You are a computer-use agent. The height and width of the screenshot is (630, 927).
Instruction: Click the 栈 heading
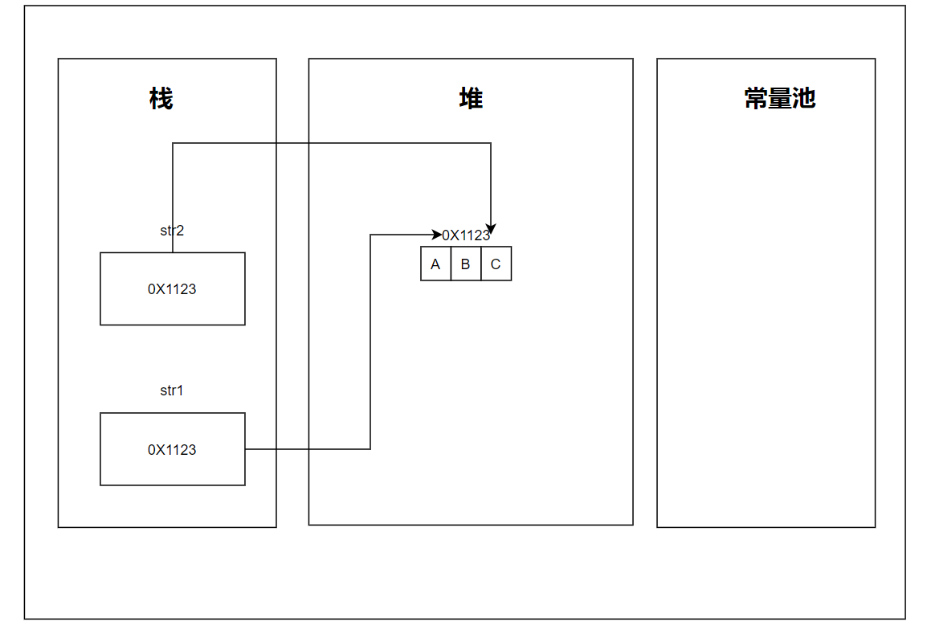pos(161,99)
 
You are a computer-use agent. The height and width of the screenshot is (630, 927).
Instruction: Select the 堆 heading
pos(471,99)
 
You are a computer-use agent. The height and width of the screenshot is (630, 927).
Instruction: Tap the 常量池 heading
pos(780,99)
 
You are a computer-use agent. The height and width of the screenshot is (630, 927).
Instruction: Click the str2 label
pos(172,231)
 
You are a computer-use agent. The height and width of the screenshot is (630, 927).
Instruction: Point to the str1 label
pos(172,391)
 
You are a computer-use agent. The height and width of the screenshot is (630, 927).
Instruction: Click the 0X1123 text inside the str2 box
pos(172,289)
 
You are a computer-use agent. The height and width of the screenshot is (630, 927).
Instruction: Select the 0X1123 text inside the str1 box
pos(172,450)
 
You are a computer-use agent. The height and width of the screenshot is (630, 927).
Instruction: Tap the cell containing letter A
pos(435,264)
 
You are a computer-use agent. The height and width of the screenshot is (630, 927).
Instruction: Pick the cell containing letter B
pos(466,264)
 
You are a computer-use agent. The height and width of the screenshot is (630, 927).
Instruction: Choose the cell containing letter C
pos(496,264)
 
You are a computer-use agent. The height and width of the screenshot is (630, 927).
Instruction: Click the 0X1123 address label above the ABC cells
pos(466,235)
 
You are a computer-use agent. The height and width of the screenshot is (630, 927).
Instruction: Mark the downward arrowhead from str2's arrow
pos(491,230)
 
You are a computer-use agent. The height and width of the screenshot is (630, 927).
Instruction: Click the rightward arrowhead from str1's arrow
pos(438,235)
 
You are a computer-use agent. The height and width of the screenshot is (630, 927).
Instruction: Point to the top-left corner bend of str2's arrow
pos(173,143)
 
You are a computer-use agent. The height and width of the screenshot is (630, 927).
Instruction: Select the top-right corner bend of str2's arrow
pos(491,143)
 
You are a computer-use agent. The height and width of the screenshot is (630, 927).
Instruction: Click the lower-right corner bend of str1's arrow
pos(370,449)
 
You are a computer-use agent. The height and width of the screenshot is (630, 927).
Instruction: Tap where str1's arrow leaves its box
pos(246,449)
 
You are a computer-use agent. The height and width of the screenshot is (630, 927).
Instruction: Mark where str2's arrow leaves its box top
pos(173,252)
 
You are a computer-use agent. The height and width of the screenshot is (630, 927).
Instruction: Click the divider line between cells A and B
pos(451,264)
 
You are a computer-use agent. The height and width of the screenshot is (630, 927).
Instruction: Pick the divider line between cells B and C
pos(481,264)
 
